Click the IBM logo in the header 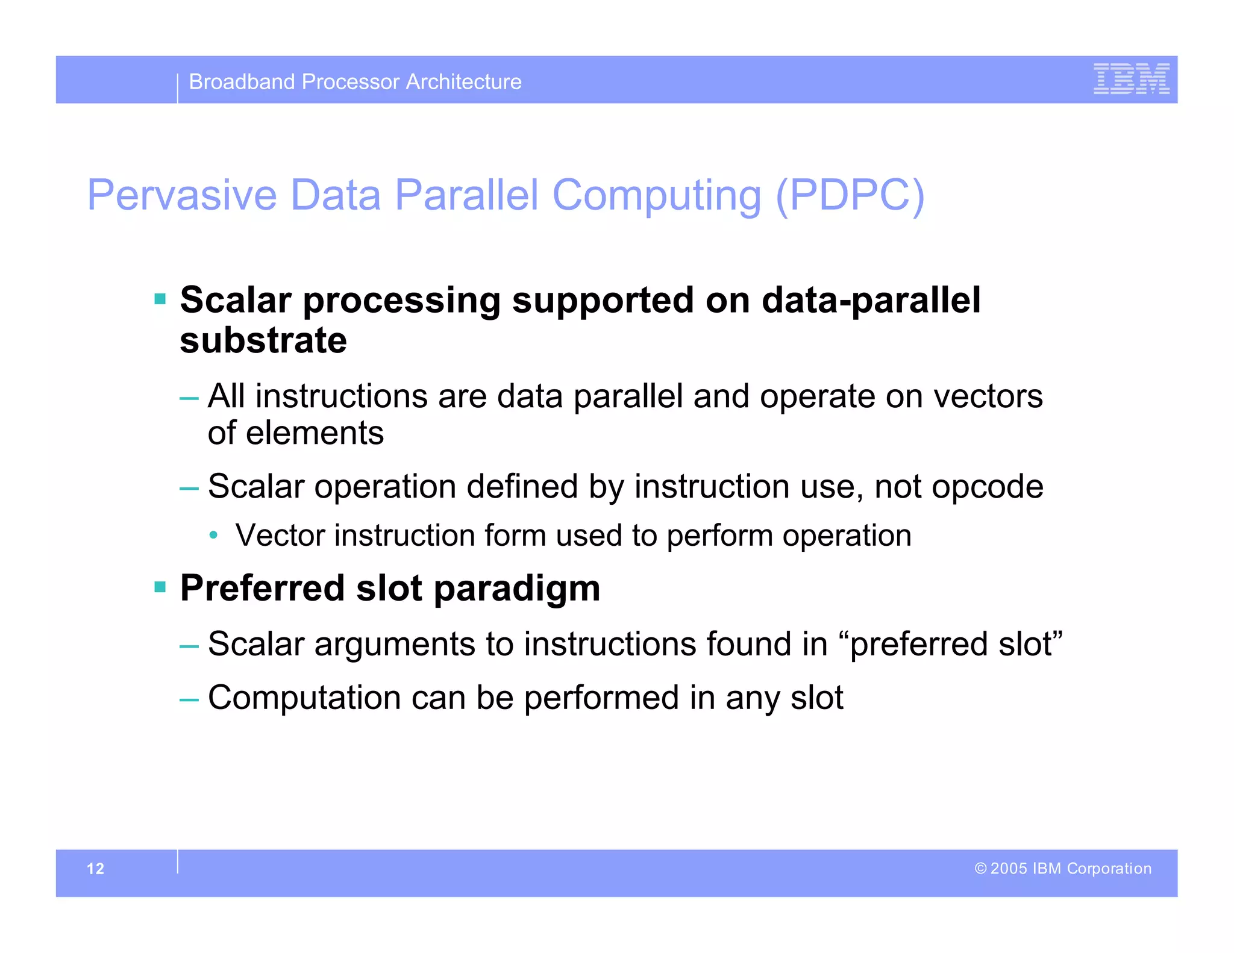click(x=1131, y=79)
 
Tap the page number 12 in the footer click(x=95, y=869)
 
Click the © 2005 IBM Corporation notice click(x=1063, y=868)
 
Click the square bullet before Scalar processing click(x=160, y=299)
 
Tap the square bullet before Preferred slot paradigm click(x=160, y=587)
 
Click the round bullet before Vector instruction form click(x=213, y=535)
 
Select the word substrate click(x=263, y=340)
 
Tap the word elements click(x=315, y=433)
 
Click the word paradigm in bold click(x=516, y=589)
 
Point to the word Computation click(x=304, y=698)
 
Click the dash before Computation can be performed click(x=189, y=699)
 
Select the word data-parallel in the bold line click(x=871, y=300)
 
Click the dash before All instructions click(x=189, y=398)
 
